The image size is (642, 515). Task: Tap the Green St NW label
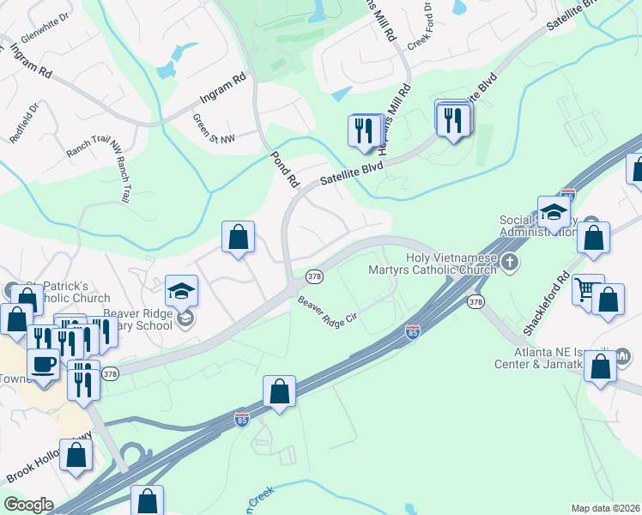(x=213, y=130)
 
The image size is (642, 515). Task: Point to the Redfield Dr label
(x=24, y=120)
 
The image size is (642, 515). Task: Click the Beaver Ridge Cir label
(x=327, y=315)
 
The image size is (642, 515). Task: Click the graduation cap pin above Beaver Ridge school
(x=182, y=291)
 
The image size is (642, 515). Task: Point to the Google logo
(x=28, y=505)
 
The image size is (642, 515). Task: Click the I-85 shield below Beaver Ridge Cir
(x=414, y=332)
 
